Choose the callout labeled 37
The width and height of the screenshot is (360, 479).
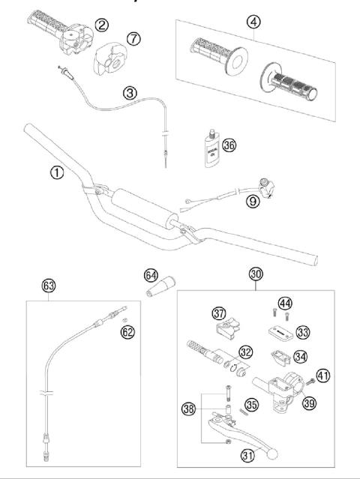tap(219, 312)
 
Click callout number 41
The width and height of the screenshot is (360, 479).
tap(324, 375)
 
